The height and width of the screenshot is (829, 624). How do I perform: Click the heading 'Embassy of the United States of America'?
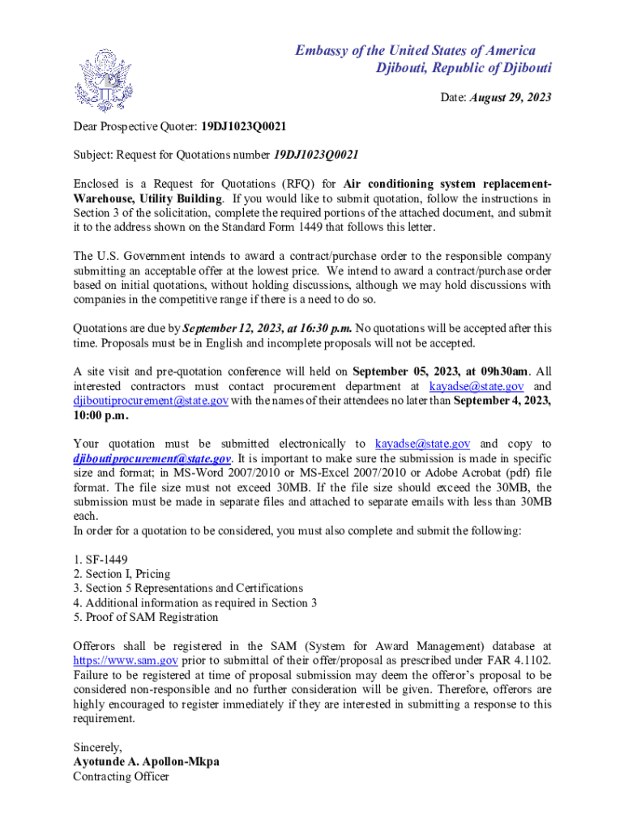[x=414, y=51]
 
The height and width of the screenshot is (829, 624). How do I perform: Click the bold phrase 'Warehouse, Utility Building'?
[x=147, y=198]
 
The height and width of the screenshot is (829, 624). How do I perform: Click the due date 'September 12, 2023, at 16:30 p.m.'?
[x=267, y=329]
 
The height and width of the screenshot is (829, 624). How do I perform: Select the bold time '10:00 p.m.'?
[x=100, y=415]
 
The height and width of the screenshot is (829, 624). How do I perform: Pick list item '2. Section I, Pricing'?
[x=122, y=574]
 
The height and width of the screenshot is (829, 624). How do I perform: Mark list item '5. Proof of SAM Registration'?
[x=146, y=617]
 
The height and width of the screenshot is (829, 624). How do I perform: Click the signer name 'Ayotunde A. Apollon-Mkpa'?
[x=146, y=762]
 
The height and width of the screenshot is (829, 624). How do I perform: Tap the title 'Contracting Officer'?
[x=121, y=776]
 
